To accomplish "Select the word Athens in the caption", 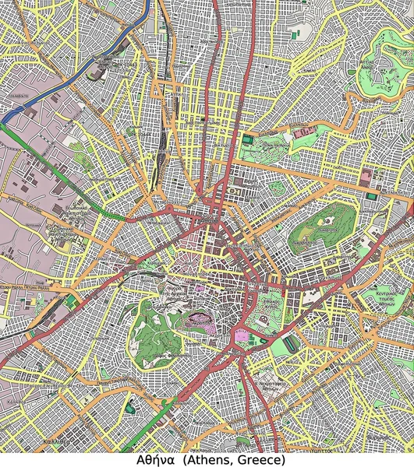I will (x=204, y=459).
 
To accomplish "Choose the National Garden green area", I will (x=269, y=304).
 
